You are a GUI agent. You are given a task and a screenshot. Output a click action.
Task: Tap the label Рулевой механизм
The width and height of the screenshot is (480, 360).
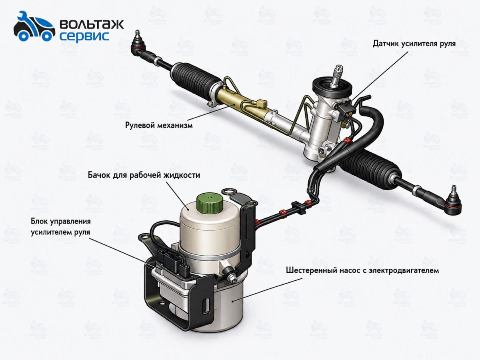(x=159, y=126)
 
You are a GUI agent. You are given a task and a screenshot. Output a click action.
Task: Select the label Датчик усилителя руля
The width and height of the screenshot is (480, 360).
(x=414, y=44)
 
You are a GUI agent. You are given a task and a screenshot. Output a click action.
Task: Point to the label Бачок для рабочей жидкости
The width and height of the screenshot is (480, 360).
(x=144, y=175)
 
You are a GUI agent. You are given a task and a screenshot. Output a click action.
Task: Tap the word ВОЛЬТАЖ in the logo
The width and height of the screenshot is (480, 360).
(x=92, y=24)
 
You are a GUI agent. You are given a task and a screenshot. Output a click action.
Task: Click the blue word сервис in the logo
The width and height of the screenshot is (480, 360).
(x=84, y=36)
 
